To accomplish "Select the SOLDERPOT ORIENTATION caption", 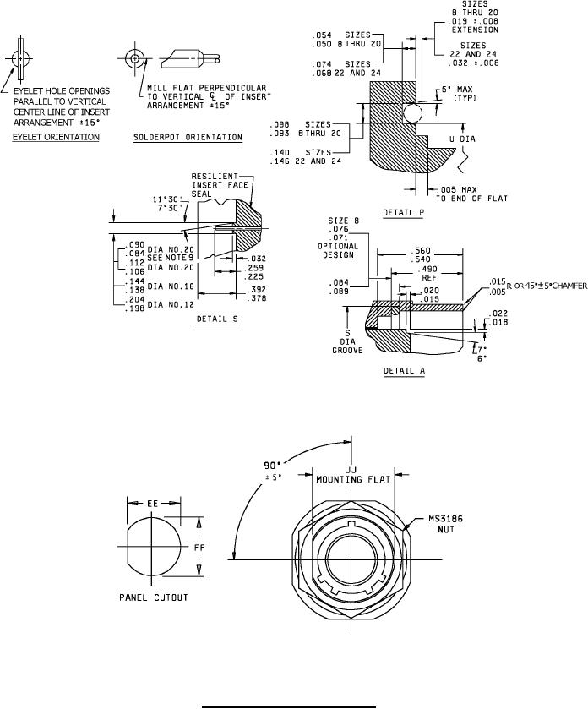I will pos(188,136).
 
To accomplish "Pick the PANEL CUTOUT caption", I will pos(152,597).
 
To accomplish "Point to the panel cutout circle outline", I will pos(128,547).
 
